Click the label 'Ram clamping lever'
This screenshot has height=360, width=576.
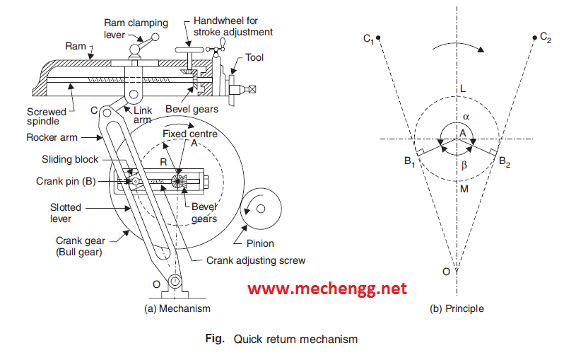point(124,28)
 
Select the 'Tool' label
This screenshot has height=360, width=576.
point(254,57)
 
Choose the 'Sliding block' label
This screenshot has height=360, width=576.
point(69,160)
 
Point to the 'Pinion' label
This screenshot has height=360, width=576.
point(259,243)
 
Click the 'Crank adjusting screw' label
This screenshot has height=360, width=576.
point(256,260)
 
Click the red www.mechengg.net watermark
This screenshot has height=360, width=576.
point(327,289)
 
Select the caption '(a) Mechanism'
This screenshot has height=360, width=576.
point(177,308)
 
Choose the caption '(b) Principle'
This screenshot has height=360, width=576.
point(457,308)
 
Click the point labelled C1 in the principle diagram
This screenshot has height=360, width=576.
point(380,38)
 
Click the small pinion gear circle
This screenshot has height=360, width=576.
point(258,209)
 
